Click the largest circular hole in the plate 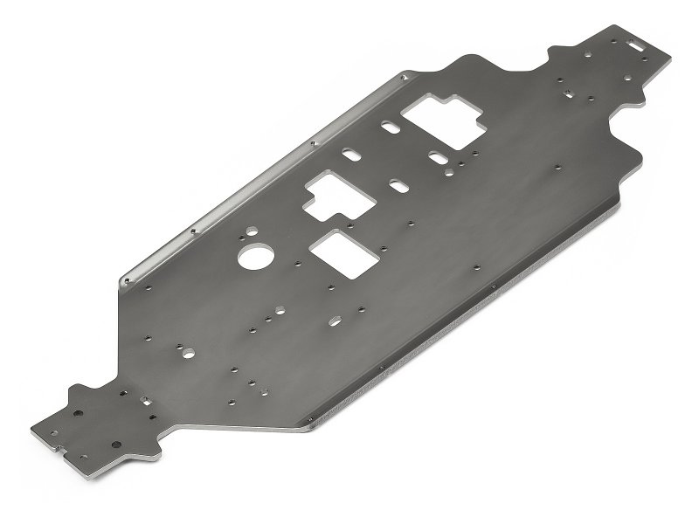pos(254,258)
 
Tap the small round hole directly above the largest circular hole pos(251,230)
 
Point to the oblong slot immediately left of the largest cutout pos(387,129)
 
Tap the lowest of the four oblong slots pos(398,187)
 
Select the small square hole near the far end pos(568,91)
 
